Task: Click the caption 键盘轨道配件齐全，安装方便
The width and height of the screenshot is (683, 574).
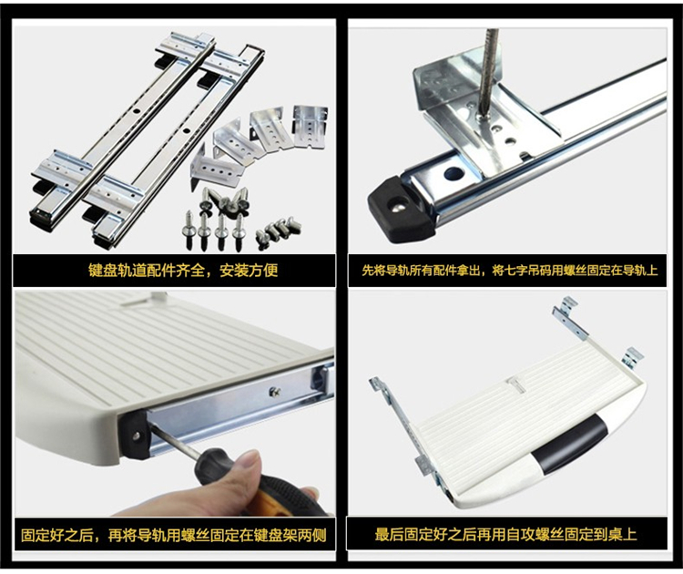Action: [183, 271]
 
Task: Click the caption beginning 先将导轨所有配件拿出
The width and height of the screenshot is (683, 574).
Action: [509, 271]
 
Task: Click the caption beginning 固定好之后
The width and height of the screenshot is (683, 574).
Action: [173, 535]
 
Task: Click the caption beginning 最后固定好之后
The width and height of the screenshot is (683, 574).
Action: [506, 534]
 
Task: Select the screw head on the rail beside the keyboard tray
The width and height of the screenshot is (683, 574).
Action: [274, 392]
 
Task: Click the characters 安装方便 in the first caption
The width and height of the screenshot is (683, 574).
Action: [249, 271]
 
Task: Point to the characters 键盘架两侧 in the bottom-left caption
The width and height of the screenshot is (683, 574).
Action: [290, 535]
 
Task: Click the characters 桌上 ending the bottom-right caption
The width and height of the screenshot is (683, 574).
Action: [623, 534]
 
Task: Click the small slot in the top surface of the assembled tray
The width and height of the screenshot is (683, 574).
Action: [516, 386]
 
